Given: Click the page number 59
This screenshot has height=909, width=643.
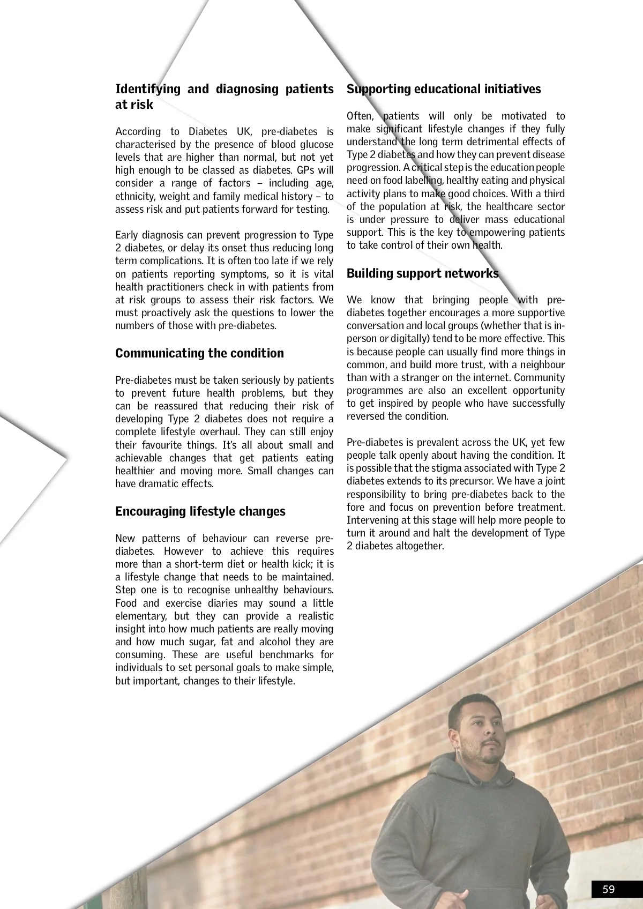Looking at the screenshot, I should [609, 889].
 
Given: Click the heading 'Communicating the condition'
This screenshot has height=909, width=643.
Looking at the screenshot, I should [199, 353].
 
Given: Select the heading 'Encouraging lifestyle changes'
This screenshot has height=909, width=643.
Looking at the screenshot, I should [200, 511].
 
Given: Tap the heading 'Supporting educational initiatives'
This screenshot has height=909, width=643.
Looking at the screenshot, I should [444, 89].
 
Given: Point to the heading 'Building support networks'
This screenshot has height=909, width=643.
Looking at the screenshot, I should [422, 273].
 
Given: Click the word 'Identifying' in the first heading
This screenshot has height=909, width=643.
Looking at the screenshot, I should [147, 89].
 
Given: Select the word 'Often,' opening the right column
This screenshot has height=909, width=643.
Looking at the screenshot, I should [360, 116].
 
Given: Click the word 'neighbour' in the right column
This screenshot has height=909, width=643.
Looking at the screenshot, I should [543, 364].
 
